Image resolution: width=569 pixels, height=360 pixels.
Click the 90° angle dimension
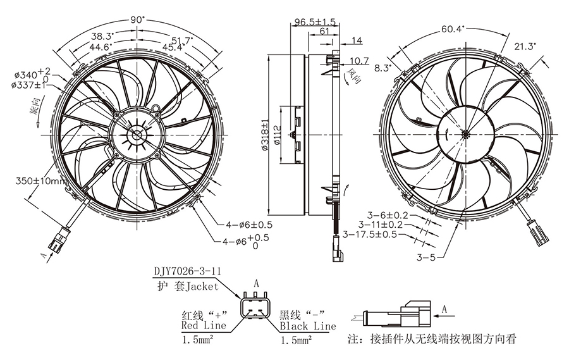click(x=137, y=20)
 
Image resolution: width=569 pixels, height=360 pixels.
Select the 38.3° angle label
click(x=101, y=36)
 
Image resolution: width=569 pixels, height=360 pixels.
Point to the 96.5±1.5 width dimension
click(x=314, y=22)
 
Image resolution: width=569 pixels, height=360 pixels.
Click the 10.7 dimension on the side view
click(x=358, y=61)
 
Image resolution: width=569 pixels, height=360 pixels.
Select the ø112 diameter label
click(x=279, y=134)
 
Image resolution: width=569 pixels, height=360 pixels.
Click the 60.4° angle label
click(x=453, y=29)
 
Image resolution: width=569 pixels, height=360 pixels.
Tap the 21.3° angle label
click(x=525, y=46)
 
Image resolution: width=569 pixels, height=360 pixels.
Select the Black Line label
click(x=308, y=326)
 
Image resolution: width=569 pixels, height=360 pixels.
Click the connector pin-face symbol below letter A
click(x=256, y=309)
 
